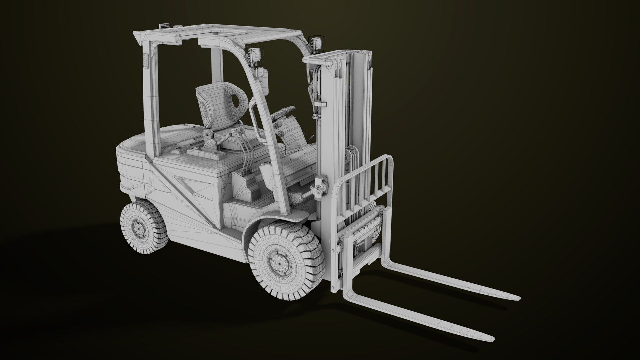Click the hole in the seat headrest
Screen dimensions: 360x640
(237, 99)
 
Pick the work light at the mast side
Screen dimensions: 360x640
(315, 43)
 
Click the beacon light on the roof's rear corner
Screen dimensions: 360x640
(165, 26)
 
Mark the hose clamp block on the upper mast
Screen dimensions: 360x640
(320, 104)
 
